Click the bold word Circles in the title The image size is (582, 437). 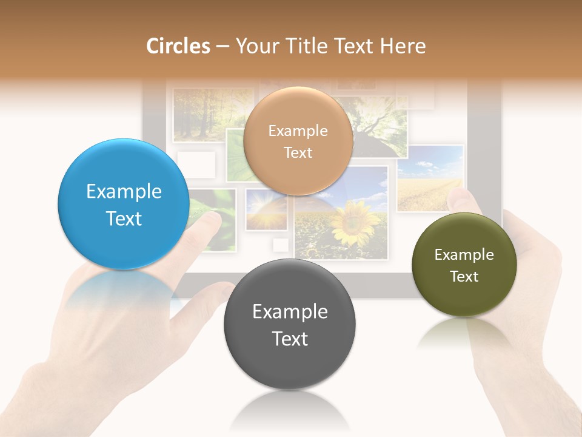point(178,46)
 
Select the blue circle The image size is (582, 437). point(123,204)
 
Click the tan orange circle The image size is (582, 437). point(298,141)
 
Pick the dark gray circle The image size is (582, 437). point(290,324)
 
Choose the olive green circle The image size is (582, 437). point(464,265)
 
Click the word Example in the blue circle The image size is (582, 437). point(124,192)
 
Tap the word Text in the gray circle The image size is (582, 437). point(290,339)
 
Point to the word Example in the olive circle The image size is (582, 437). point(464,255)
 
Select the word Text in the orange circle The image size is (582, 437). point(298,152)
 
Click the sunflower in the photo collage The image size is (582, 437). point(354,223)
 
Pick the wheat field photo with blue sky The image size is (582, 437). point(430,178)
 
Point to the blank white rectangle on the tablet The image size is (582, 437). point(196,164)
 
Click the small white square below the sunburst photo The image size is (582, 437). point(281,245)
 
